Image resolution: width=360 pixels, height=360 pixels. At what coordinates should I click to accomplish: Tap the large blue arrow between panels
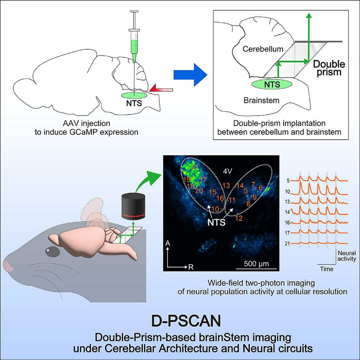190,75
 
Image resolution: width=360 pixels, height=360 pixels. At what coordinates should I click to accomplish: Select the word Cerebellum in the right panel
263,49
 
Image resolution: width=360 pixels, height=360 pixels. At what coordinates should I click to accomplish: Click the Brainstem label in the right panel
261,100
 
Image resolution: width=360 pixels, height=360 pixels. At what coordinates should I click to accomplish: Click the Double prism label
329,68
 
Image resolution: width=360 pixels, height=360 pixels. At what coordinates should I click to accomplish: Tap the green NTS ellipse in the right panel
272,84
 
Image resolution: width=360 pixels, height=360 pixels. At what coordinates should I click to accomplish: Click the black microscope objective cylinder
133,206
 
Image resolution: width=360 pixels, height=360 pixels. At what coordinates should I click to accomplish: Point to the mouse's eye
53,251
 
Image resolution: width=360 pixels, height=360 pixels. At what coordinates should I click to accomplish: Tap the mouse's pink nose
8,266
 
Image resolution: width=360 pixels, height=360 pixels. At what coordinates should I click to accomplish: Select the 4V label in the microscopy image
228,171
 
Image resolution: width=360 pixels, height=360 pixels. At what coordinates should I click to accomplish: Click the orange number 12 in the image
239,218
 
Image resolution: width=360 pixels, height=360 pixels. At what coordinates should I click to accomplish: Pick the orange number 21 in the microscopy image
195,167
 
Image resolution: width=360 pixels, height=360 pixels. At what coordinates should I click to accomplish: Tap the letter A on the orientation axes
168,243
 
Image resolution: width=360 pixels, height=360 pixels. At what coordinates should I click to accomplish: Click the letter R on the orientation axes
191,267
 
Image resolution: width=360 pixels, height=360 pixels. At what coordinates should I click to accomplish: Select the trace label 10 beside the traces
287,191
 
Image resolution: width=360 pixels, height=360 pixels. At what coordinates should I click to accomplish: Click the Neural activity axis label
347,256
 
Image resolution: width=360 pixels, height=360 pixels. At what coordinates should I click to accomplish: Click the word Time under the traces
327,269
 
